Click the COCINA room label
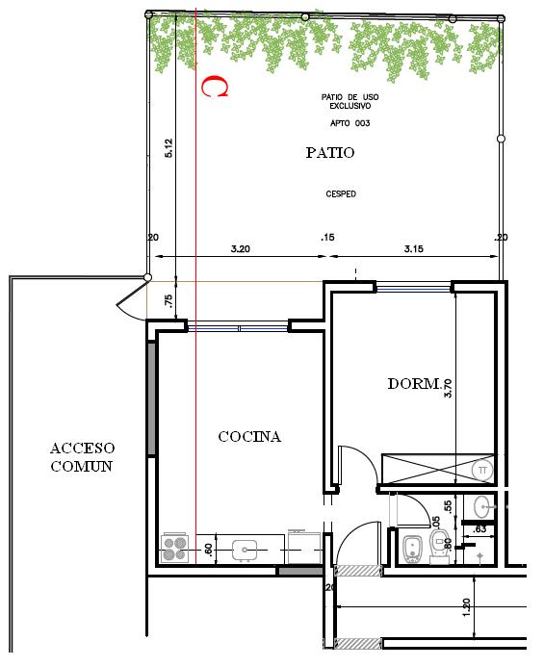249,436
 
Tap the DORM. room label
414,383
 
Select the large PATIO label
330,152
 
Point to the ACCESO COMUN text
82,457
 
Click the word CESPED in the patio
341,193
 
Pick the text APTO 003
350,123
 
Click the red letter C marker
214,88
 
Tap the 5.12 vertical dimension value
168,148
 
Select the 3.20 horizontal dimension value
241,249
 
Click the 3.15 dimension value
414,249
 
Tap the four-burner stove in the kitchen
174,548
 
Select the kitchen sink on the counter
246,550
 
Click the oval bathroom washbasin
485,503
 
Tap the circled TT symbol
482,469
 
